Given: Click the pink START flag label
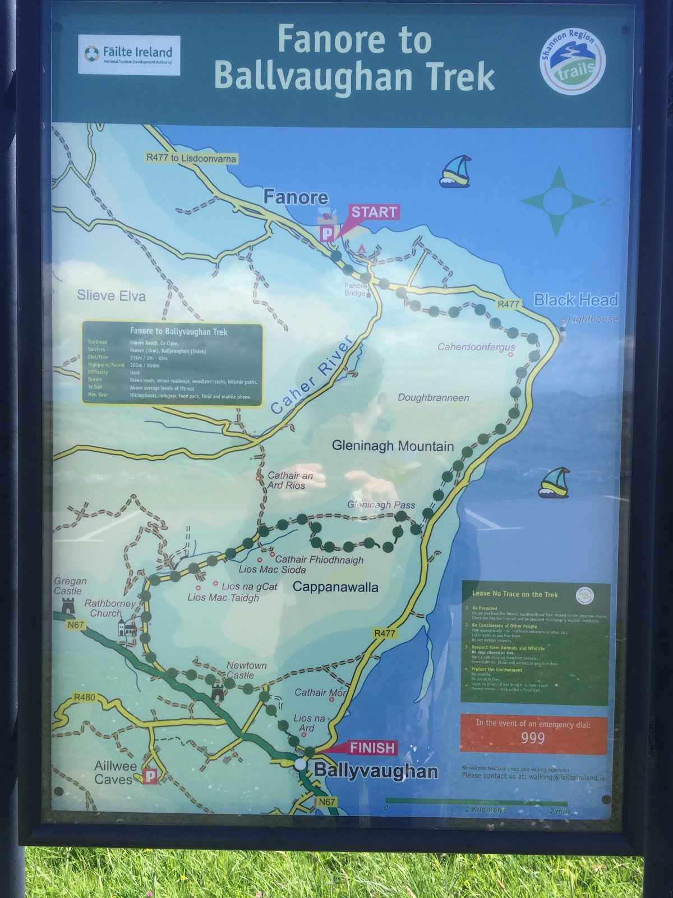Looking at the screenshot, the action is click(374, 212).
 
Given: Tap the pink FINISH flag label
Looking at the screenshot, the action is click(372, 748).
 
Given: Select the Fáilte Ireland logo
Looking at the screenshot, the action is click(130, 55).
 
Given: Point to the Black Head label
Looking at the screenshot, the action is click(575, 300).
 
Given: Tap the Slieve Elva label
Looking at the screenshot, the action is click(111, 296).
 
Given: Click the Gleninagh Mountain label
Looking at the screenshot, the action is click(393, 446).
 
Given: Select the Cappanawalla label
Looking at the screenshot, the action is click(335, 587).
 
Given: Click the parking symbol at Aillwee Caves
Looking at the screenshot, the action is click(150, 776).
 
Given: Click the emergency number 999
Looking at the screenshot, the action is click(533, 737).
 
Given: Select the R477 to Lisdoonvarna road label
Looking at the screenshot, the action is click(191, 158).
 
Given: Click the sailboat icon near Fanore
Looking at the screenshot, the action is click(454, 171).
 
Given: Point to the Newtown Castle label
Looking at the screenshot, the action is click(246, 670).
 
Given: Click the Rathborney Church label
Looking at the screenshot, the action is click(110, 608).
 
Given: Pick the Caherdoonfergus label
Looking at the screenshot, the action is click(476, 347).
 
